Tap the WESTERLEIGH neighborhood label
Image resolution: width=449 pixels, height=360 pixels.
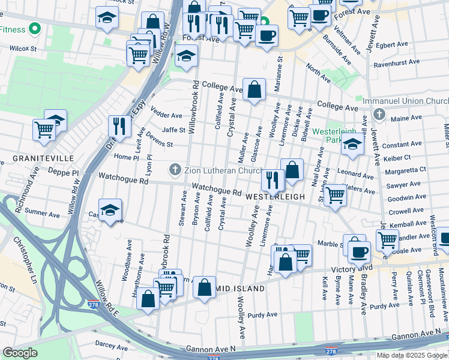click(275, 196)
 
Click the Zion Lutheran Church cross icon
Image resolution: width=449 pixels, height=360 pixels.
click(175, 170)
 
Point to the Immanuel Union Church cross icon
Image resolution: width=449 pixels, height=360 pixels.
click(378, 114)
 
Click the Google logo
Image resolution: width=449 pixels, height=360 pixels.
click(20, 353)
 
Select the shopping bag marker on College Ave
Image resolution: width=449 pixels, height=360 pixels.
click(255, 90)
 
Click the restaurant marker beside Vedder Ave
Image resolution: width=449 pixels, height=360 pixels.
click(119, 126)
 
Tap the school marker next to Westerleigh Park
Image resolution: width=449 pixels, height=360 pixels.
click(352, 145)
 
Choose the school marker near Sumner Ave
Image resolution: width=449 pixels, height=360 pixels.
click(110, 210)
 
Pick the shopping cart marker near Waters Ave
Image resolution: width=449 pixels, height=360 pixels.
click(335, 195)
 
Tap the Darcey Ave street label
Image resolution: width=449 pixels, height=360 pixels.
click(112, 347)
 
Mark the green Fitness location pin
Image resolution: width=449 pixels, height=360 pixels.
click(35, 28)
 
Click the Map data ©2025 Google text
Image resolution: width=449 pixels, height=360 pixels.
click(412, 355)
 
